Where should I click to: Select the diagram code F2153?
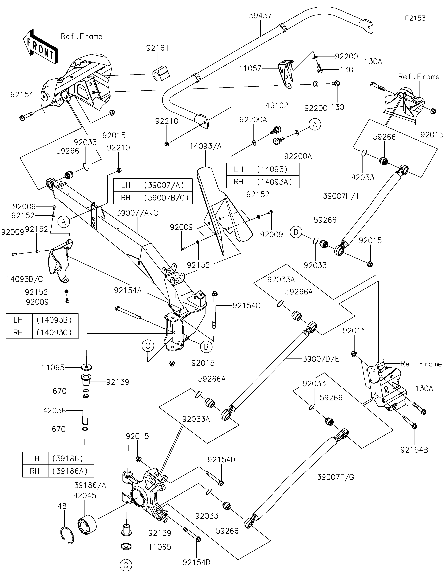click(415, 18)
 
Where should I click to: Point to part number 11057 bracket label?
click(250, 69)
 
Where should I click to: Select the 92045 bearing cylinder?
click(87, 524)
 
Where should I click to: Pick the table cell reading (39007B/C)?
click(166, 198)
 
